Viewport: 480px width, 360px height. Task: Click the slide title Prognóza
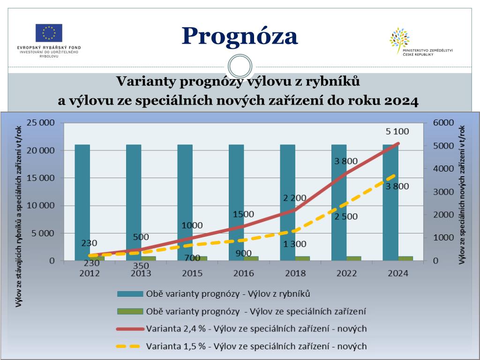click(240, 36)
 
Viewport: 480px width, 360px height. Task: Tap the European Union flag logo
click(49, 33)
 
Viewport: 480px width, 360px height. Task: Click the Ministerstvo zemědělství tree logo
click(399, 40)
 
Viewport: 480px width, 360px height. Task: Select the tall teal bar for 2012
click(82, 202)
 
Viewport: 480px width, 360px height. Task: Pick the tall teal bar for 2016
click(236, 202)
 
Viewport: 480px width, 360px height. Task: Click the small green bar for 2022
click(353, 258)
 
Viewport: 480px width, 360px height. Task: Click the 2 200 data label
click(295, 198)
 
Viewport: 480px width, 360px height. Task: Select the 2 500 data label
click(345, 217)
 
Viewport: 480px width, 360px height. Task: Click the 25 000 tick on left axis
click(41, 123)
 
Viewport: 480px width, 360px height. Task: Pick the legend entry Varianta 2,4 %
click(256, 329)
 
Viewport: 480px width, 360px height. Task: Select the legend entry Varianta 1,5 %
click(256, 346)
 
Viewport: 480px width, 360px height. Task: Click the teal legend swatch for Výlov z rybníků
click(129, 294)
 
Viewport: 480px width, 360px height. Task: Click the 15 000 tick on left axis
click(41, 178)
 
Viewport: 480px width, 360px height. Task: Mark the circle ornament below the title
click(240, 66)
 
